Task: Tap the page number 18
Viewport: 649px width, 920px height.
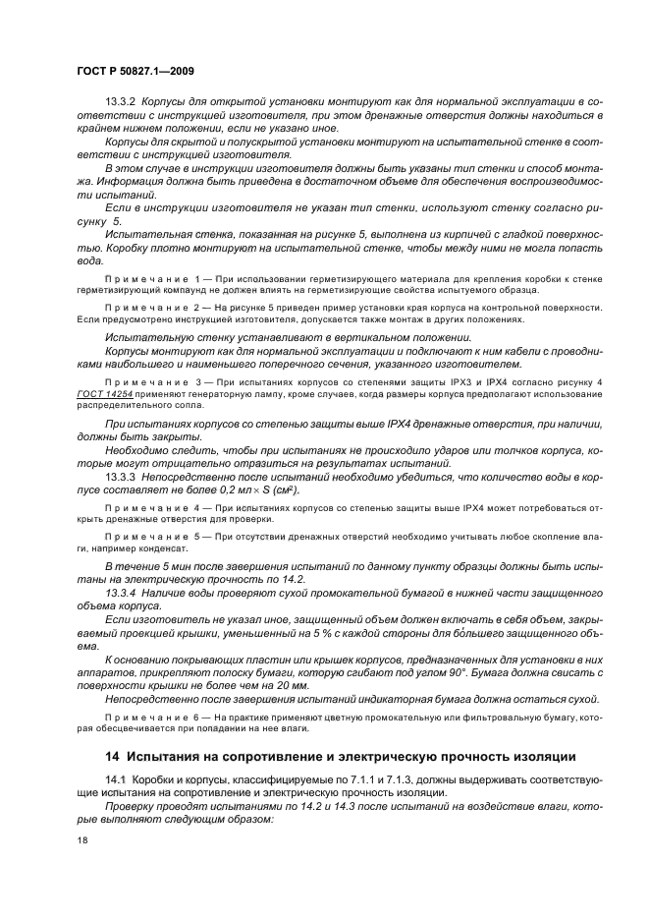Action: (x=82, y=840)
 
